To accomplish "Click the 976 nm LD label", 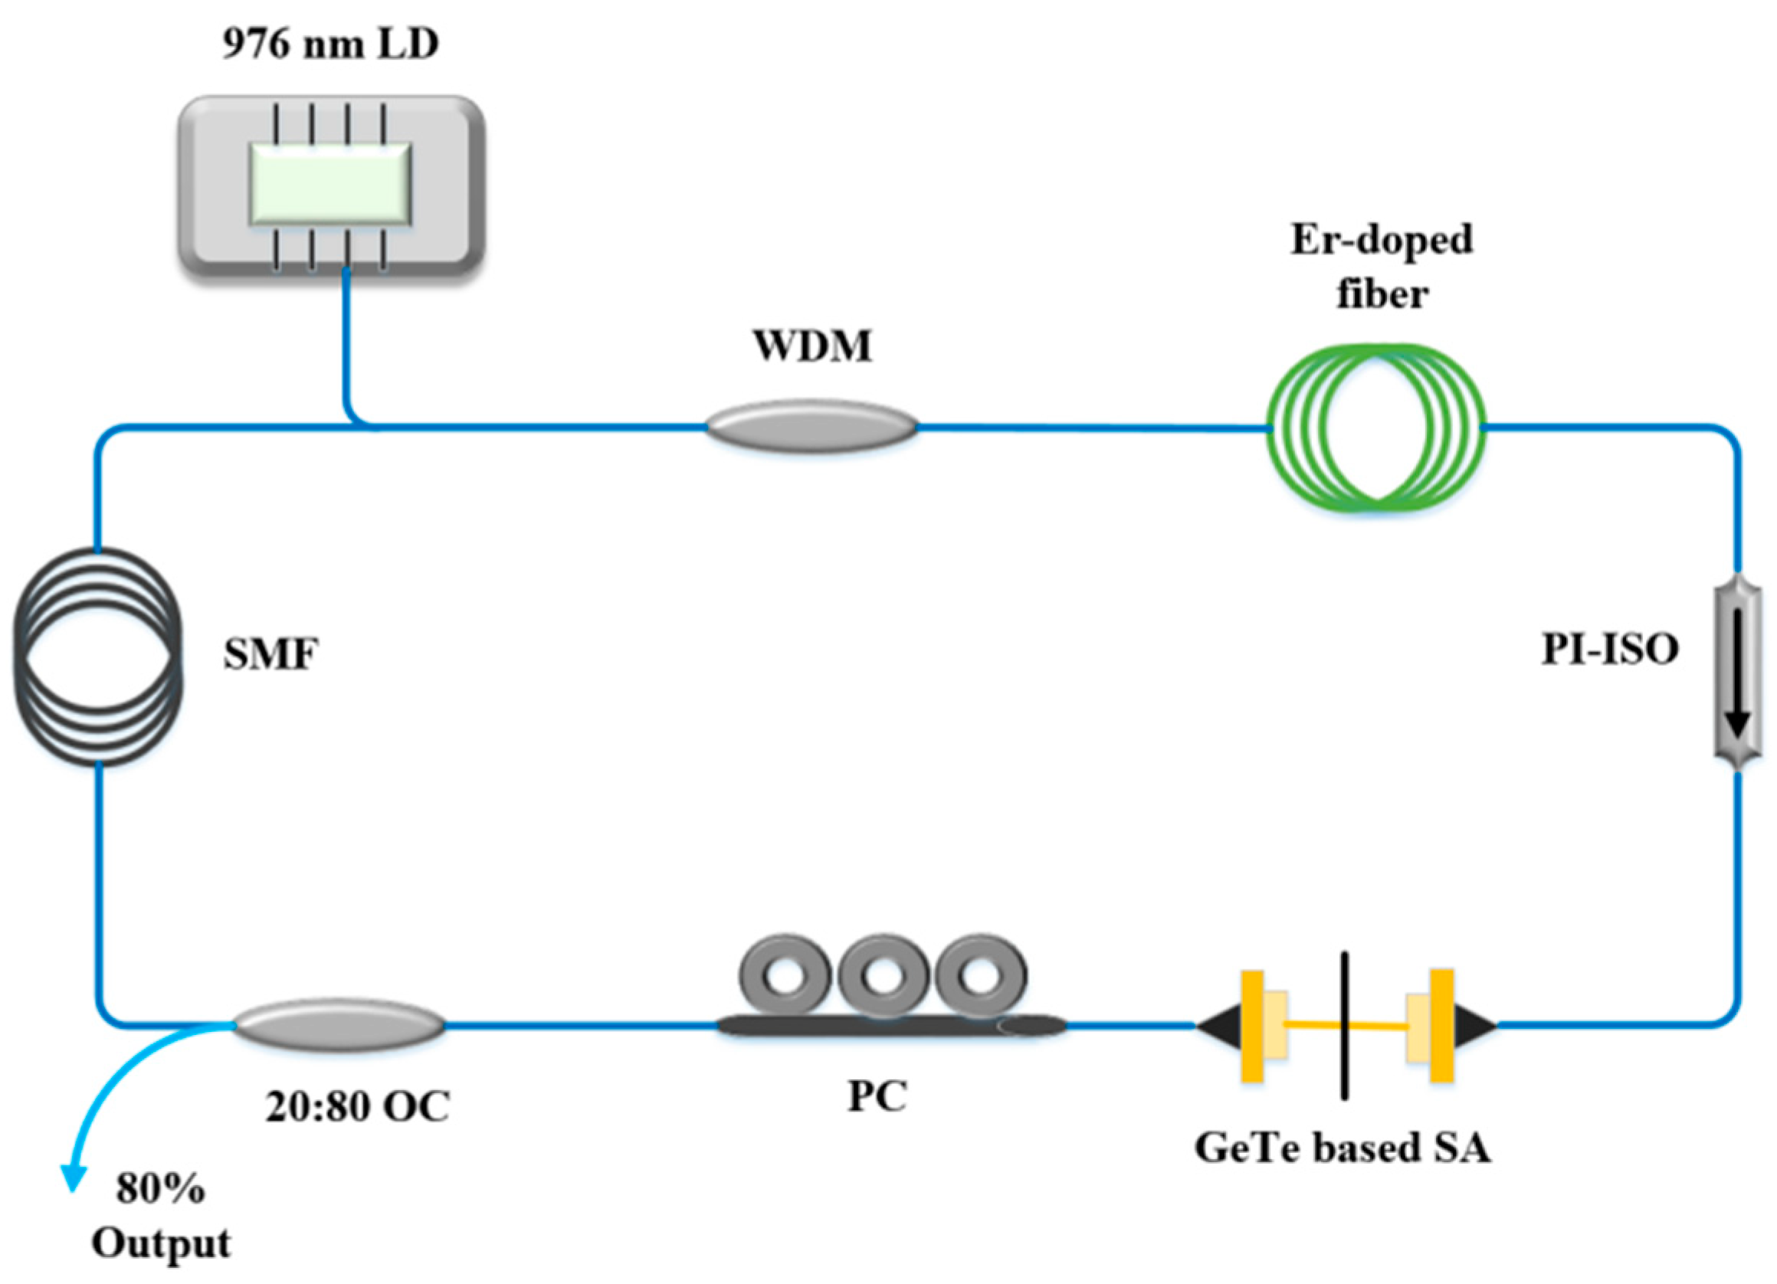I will pos(329,44).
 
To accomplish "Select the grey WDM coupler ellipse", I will pos(811,427).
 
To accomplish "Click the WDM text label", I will pos(812,346).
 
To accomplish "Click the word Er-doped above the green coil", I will pos(1382,239).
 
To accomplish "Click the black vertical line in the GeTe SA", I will pos(1345,1027).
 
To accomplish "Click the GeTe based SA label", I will pos(1343,1148).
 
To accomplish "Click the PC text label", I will pos(877,1097).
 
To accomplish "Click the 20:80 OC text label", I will pos(357,1107).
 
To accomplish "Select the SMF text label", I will pos(271,654).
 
